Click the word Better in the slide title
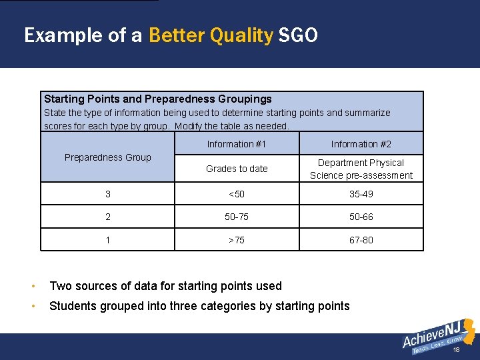tap(177, 35)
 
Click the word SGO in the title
tap(298, 35)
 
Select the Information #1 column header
tap(237, 144)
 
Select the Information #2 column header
tap(361, 144)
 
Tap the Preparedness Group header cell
tap(108, 157)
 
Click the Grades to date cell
tap(237, 169)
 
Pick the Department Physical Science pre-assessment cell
tap(361, 169)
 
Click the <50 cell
tap(237, 194)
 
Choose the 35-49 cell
tap(361, 194)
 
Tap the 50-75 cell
tap(237, 217)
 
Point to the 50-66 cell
tap(361, 217)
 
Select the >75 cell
tap(237, 240)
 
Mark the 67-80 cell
tap(361, 240)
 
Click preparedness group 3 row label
tap(108, 194)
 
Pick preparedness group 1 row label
tap(108, 240)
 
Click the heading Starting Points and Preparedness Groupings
tap(158, 99)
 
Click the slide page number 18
tap(456, 349)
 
